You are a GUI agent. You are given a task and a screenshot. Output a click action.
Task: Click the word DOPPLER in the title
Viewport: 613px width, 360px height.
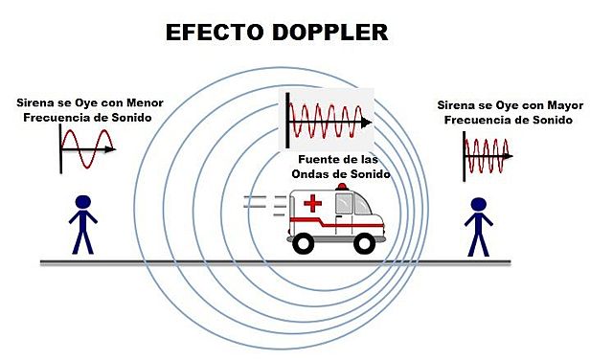click(x=329, y=32)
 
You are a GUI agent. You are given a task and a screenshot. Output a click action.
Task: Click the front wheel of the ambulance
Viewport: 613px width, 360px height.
click(x=363, y=243)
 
